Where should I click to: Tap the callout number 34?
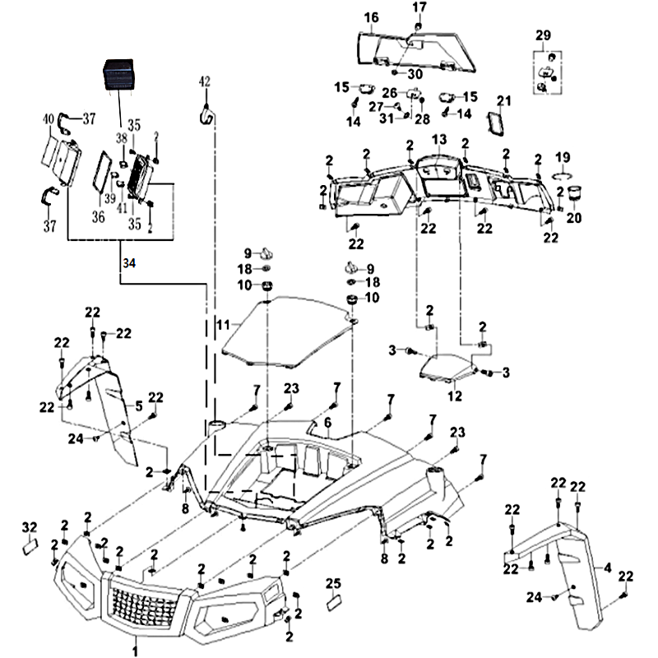[127, 263]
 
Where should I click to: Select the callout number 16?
[371, 17]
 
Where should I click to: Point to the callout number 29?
[543, 35]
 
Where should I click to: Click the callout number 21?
[503, 101]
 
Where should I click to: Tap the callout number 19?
[563, 157]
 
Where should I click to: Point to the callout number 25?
[333, 583]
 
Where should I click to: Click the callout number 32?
[30, 526]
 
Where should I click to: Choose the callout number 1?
[135, 650]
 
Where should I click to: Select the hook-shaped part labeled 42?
[206, 115]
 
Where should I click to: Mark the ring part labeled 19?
[561, 176]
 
